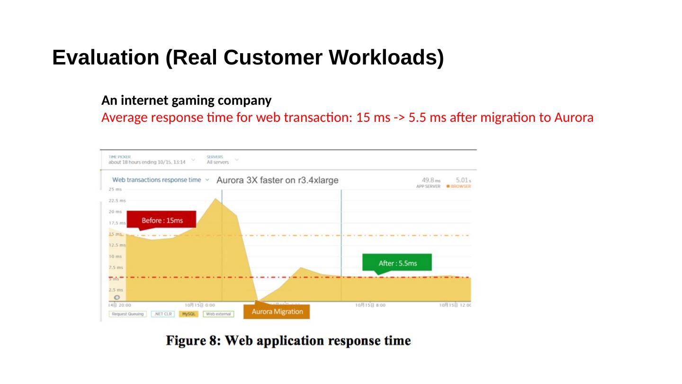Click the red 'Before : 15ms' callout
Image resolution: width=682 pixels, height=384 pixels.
(x=162, y=220)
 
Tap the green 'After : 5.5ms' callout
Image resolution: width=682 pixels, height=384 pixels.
(x=397, y=263)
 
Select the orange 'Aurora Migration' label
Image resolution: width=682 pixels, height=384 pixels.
(x=277, y=311)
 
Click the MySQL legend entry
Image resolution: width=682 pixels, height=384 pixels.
(x=188, y=314)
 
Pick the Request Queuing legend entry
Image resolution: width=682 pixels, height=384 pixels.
(x=127, y=314)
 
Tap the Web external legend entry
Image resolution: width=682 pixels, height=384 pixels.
(x=218, y=314)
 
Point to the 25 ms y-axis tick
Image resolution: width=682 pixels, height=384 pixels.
(x=115, y=189)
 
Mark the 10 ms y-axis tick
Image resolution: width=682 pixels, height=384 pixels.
(x=116, y=256)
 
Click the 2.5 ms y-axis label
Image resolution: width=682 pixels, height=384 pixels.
(x=116, y=290)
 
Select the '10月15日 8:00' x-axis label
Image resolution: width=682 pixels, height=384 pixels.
(x=370, y=305)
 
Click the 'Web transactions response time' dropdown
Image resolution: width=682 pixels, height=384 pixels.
(x=160, y=180)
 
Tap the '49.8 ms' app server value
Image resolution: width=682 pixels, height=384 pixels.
(x=431, y=180)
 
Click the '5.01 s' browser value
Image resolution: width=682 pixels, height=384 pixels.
(x=463, y=180)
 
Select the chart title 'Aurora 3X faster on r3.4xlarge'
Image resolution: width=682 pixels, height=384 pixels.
(x=278, y=180)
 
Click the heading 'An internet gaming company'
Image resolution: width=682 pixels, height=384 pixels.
(x=187, y=101)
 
